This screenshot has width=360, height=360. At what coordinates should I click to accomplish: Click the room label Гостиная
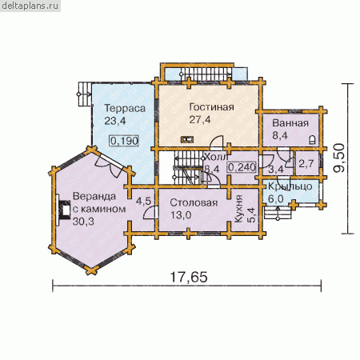pyautogui.click(x=211, y=107)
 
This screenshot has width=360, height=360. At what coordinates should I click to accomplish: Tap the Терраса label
pyautogui.click(x=125, y=108)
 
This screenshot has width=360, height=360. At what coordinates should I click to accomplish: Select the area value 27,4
pyautogui.click(x=200, y=120)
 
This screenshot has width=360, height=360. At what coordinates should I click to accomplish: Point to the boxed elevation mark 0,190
pyautogui.click(x=124, y=141)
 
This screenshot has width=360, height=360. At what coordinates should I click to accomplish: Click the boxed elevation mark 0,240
pyautogui.click(x=242, y=167)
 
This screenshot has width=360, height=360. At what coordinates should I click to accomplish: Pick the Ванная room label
pyautogui.click(x=290, y=123)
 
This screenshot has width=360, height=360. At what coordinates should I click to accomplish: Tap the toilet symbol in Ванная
pyautogui.click(x=313, y=139)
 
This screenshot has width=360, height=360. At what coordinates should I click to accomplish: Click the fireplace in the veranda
pyautogui.click(x=63, y=210)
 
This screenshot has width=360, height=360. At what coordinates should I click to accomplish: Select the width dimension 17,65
pyautogui.click(x=189, y=278)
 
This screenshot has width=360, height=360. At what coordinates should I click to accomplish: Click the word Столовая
pyautogui.click(x=194, y=202)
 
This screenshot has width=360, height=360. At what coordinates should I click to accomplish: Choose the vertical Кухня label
pyautogui.click(x=238, y=209)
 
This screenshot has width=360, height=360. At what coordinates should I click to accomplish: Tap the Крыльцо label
pyautogui.click(x=290, y=186)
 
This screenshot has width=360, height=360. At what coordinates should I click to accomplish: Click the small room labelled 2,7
pyautogui.click(x=306, y=163)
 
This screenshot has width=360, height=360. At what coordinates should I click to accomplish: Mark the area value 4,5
pyautogui.click(x=143, y=201)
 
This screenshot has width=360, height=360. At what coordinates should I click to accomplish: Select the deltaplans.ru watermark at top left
pyautogui.click(x=30, y=6)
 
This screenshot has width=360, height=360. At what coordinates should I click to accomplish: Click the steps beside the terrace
pyautogui.click(x=85, y=94)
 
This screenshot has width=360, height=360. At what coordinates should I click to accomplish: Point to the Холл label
pyautogui.click(x=216, y=157)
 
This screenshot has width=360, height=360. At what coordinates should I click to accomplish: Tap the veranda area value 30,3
pyautogui.click(x=83, y=222)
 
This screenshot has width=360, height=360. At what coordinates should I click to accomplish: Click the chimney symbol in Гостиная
pyautogui.click(x=187, y=139)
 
